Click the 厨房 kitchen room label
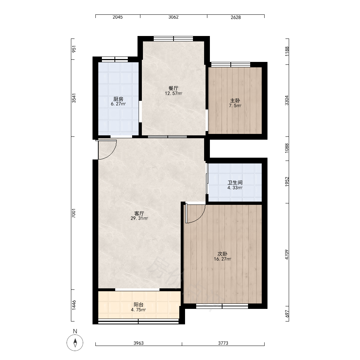point(118,99)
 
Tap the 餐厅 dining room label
point(174,88)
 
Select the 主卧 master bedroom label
point(235,100)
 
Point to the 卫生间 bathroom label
point(235,183)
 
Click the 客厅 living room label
point(139,213)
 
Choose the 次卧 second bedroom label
point(222,254)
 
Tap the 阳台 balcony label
point(139,305)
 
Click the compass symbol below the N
point(75,343)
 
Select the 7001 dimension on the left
point(74,213)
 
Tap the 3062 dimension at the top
point(174,17)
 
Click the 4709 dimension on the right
point(287,255)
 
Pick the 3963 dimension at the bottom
point(139,343)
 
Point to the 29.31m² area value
point(139,219)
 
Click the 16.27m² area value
point(222,259)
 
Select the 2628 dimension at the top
point(235,17)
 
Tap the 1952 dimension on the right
point(287,181)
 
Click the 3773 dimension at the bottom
point(223,343)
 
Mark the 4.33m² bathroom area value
point(235,188)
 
